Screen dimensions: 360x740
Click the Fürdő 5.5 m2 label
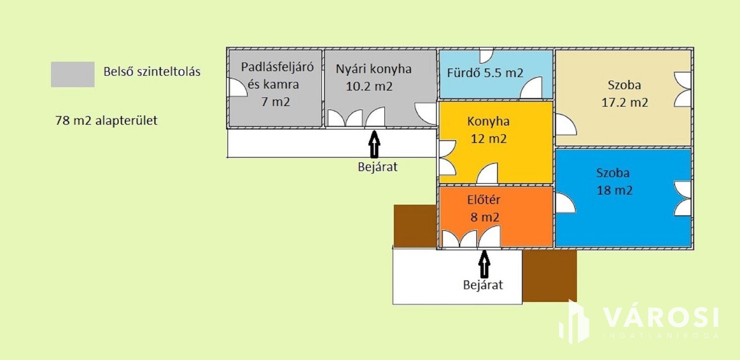pos(485,73)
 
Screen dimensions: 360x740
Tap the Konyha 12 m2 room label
pos(488,130)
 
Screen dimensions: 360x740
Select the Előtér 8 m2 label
pos(484,208)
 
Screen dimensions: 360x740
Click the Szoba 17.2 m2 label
pos(624,94)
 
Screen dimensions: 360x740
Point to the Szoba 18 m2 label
pos(614,181)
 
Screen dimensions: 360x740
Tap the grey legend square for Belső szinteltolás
pos(72,74)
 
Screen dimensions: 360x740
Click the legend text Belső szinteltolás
pos(152,72)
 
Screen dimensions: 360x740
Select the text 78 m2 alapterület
pos(106,121)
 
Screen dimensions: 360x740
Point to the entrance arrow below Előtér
pos(484,264)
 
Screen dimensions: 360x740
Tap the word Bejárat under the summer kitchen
pos(377,167)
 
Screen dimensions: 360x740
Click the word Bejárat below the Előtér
pos(483,285)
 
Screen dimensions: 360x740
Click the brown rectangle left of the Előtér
pos(415,226)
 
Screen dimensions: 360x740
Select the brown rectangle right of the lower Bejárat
pos(549,276)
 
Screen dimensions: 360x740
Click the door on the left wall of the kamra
pos(237,87)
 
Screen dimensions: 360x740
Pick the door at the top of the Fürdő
pos(486,56)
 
